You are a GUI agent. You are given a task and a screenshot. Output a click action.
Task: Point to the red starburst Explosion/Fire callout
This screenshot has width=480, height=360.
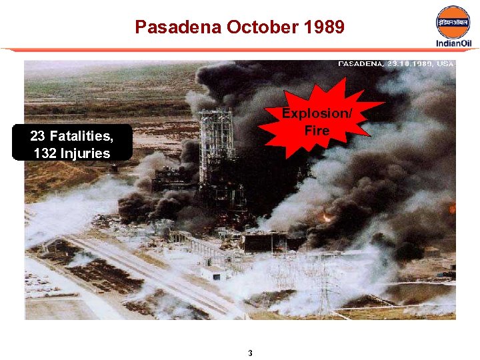pos(317,120)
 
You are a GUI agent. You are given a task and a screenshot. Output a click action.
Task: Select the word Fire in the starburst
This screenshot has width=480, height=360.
pos(317,130)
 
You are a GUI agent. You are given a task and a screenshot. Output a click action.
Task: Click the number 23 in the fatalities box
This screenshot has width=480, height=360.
pos(37,137)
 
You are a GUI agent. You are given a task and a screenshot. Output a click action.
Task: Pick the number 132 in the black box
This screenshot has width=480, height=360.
pos(45,153)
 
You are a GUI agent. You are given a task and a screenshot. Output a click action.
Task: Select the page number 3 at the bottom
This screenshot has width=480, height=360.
pos(250,353)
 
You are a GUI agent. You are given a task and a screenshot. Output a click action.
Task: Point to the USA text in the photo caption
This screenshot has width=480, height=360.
pos(445,64)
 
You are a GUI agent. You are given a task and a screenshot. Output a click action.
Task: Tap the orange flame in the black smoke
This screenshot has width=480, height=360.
pos(327,217)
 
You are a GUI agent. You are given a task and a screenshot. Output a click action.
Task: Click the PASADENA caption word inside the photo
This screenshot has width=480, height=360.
pos(361,64)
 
